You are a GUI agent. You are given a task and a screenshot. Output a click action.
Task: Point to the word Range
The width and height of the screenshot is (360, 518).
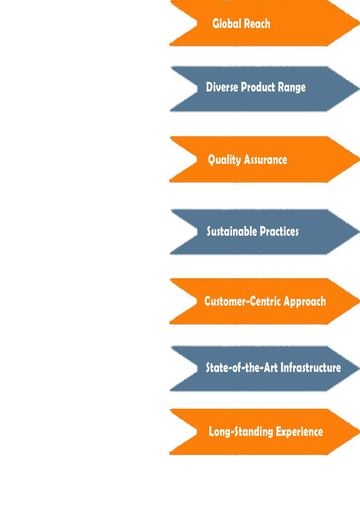[292, 88]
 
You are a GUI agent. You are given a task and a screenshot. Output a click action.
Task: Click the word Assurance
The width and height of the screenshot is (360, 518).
[266, 160]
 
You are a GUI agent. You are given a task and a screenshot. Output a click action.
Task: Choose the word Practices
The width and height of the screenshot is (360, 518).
[279, 231]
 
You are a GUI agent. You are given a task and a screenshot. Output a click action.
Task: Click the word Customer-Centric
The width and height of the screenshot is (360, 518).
[242, 301]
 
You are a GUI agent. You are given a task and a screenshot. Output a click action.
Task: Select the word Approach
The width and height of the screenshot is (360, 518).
[305, 302]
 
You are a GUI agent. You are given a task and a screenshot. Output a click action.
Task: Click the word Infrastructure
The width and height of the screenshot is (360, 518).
[311, 367]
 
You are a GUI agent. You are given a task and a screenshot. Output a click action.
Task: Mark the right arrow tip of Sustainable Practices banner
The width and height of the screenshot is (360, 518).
[359, 232]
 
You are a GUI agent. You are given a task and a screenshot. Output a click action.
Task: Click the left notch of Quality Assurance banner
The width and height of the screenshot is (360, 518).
[197, 159]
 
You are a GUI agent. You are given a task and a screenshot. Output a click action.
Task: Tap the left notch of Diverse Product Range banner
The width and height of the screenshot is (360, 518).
[197, 88]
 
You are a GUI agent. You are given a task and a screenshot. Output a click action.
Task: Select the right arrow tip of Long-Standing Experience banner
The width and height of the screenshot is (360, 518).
[359, 431]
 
